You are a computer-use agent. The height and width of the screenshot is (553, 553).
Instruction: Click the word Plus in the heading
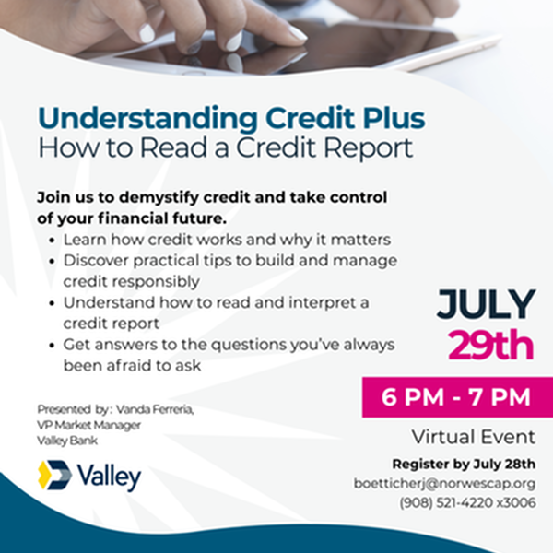click(394, 118)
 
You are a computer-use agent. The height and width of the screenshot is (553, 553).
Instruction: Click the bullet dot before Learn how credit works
click(53, 241)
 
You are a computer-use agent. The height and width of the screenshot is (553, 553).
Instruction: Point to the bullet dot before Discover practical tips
click(53, 262)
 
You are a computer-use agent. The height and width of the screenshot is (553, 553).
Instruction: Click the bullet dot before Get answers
click(53, 346)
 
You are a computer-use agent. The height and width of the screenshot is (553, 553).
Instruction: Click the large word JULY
click(486, 304)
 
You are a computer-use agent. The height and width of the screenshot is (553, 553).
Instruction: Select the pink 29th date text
click(490, 345)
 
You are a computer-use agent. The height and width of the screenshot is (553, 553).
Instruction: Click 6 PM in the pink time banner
click(413, 397)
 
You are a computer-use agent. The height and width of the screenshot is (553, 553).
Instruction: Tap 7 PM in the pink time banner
click(500, 397)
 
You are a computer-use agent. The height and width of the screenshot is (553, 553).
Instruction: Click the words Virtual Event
click(474, 437)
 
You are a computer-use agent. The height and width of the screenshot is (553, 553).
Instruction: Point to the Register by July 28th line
click(464, 465)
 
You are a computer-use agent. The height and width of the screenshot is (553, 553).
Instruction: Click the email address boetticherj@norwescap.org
click(445, 484)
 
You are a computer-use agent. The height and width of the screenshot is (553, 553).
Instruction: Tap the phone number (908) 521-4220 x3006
click(467, 502)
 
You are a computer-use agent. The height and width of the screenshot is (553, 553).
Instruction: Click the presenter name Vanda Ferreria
click(155, 409)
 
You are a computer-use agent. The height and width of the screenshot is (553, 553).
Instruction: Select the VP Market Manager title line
click(88, 425)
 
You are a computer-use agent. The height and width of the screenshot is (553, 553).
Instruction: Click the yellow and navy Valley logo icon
click(54, 475)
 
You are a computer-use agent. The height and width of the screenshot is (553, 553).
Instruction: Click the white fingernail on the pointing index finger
click(298, 33)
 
